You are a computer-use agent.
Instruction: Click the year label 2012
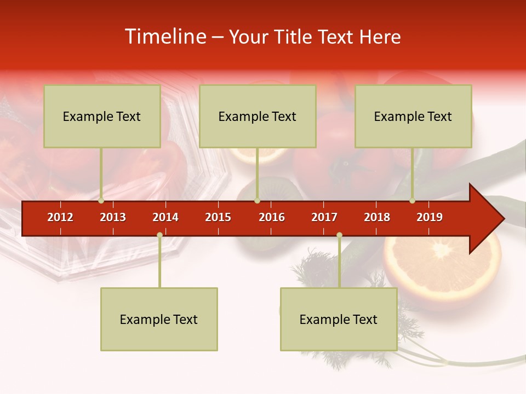coord(60,217)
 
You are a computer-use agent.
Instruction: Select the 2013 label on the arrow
coord(113,217)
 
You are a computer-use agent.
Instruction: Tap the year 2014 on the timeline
coord(165,217)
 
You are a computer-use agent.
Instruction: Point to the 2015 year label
coord(218,217)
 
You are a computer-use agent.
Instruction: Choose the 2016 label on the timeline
coord(272,217)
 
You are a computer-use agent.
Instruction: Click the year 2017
coord(324,217)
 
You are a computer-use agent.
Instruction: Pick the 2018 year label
coord(377,217)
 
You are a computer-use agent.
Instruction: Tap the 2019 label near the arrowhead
coord(430,217)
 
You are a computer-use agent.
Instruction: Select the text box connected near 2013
coord(102,116)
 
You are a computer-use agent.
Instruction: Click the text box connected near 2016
coord(258,116)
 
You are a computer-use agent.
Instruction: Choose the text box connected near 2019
coord(413,116)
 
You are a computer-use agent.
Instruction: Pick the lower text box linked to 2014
coord(159,319)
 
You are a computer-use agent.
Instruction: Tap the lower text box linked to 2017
coord(339,319)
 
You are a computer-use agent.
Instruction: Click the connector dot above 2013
coord(101,201)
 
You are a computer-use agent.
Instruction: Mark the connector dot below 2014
coord(159,235)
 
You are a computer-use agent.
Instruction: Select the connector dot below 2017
coord(339,235)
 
